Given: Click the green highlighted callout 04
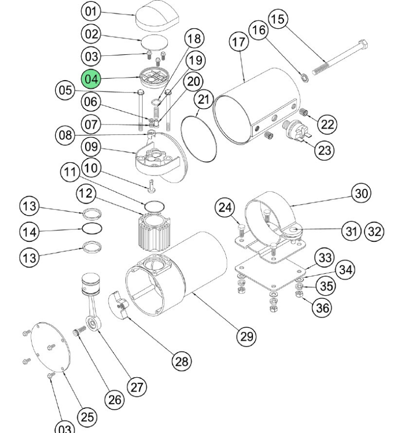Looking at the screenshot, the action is click(91, 79).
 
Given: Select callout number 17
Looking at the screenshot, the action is click(239, 42).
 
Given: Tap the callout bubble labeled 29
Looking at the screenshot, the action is click(247, 336).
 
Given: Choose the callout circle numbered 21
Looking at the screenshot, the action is click(203, 99).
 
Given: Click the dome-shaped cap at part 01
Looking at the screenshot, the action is click(157, 16).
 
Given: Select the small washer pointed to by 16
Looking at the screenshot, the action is click(305, 78).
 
